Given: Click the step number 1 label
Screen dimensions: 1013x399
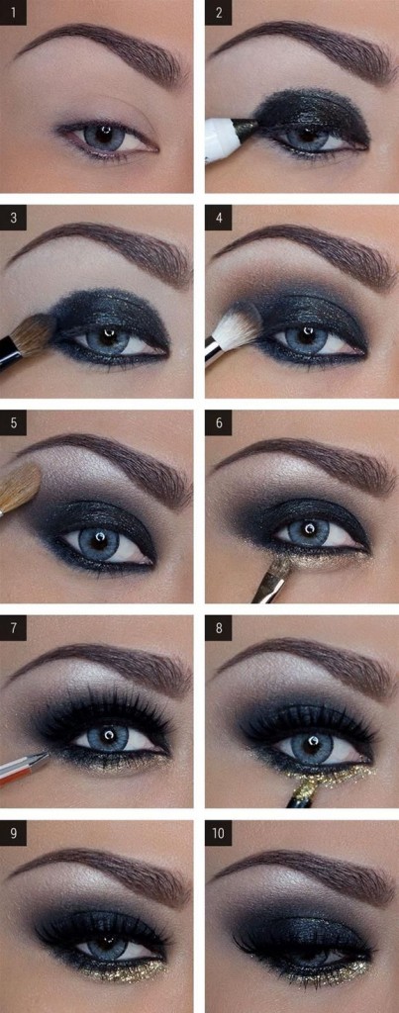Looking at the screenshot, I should click(13, 13).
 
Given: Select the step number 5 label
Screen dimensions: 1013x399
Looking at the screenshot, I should click(13, 423).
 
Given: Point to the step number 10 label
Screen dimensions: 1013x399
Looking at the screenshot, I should click(219, 834).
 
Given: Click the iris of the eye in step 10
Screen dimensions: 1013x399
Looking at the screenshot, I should click(310, 955).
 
